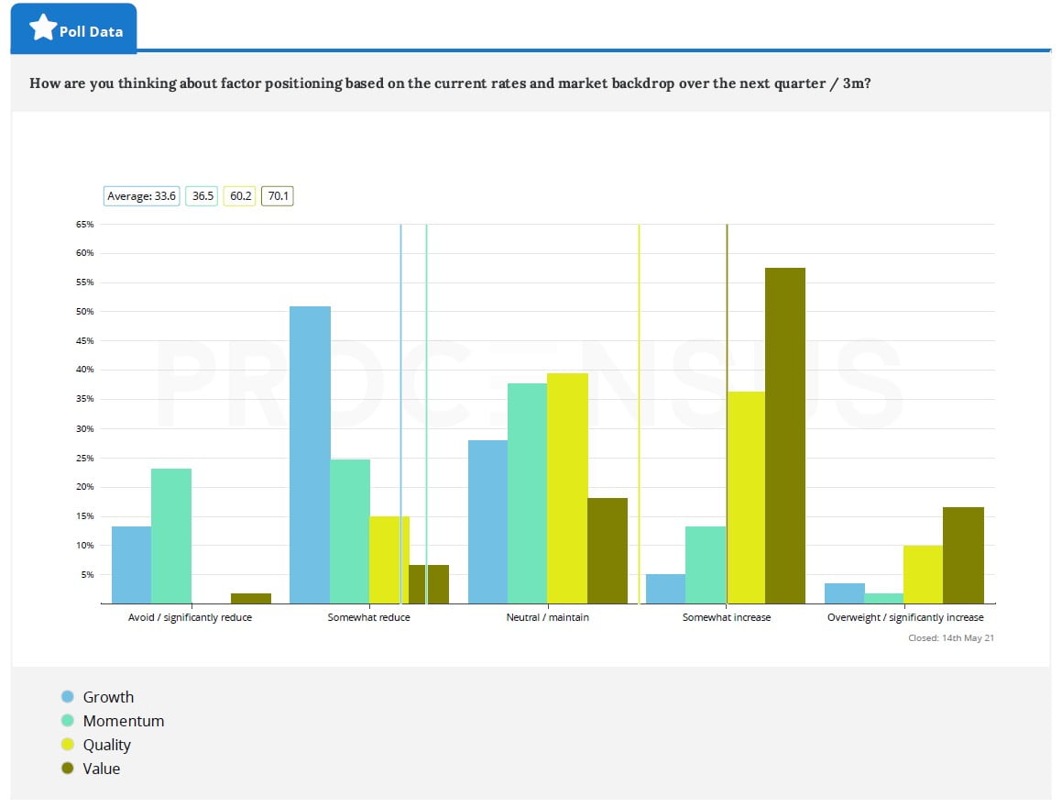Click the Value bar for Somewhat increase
[785, 436]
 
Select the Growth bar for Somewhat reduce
[310, 455]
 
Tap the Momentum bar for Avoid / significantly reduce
[171, 536]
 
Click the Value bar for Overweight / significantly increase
[963, 555]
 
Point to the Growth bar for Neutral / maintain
[487, 522]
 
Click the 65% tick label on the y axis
[84, 224]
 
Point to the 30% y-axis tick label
[84, 428]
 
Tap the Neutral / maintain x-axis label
[547, 617]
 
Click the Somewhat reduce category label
[368, 617]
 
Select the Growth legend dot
[67, 697]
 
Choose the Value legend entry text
[102, 769]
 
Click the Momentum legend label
[124, 721]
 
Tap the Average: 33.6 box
[141, 195]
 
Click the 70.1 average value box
[278, 195]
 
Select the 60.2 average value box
[240, 195]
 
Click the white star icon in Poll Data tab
[42, 28]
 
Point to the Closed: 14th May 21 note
[950, 637]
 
